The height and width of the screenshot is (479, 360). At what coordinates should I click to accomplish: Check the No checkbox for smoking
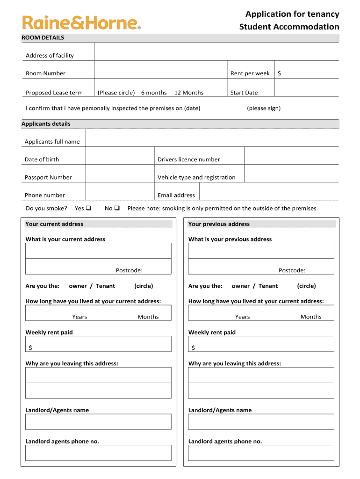pos(117,208)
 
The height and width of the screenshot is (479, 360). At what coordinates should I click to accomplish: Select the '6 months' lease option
pos(154,93)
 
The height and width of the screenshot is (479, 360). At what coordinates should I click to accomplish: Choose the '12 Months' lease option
pos(189,93)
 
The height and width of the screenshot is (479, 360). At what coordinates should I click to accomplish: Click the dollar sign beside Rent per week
pos(279,73)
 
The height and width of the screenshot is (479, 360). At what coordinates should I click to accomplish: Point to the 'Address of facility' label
pos(50,56)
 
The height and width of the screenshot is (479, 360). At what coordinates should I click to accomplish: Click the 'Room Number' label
pos(45,73)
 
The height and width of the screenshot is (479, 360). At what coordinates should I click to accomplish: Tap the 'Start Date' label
pos(244,93)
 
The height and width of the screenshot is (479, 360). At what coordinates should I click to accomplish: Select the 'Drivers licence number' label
pos(188,160)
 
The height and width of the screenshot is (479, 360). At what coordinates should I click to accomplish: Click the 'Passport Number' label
pos(48,177)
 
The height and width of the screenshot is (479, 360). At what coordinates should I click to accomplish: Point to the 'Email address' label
pos(176,195)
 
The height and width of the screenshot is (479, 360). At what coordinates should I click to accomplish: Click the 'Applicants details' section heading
pos(46,124)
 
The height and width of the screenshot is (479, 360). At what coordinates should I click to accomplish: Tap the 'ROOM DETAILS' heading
pos(43,37)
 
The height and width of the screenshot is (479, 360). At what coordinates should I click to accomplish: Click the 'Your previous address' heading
pos(219,224)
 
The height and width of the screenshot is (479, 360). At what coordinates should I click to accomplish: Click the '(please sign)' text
pos(264,108)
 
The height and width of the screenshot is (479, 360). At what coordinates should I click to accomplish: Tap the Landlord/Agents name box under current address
pos(98,422)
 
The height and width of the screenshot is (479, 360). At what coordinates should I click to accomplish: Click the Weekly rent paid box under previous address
pos(261,344)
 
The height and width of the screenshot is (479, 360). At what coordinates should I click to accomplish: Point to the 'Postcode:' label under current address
pos(129,270)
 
